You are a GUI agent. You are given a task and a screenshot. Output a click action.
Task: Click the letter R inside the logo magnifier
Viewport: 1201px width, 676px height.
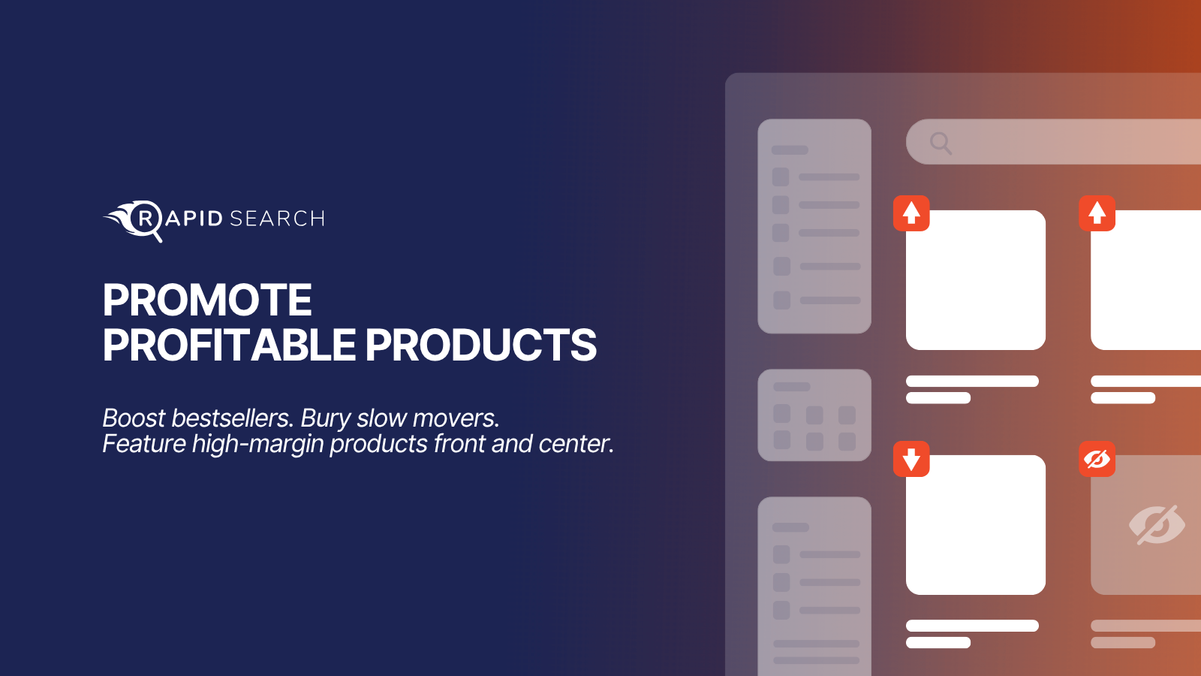[x=146, y=219]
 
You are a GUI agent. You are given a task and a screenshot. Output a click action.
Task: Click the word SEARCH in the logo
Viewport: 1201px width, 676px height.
[x=277, y=219]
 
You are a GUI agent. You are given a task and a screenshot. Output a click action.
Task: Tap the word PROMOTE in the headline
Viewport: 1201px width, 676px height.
[x=207, y=300]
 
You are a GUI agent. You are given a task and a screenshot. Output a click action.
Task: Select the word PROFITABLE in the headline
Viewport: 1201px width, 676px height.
[x=229, y=345]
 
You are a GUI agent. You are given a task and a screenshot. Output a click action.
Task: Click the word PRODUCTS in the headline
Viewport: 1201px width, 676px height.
[x=481, y=345]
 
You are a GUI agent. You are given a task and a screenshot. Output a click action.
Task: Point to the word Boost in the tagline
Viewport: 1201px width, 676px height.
[x=134, y=418]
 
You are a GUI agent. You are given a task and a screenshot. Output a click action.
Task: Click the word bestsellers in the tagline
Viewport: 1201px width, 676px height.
[x=232, y=418]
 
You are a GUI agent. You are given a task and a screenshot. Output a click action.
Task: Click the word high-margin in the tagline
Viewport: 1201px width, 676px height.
[x=258, y=445]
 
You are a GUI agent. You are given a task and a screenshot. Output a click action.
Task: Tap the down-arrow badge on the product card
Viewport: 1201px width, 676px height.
[x=911, y=459]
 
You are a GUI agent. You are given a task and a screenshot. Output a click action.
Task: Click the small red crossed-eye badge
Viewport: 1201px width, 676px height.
[x=1097, y=459]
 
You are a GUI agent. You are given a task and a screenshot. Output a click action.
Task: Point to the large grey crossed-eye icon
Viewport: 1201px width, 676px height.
[x=1157, y=525]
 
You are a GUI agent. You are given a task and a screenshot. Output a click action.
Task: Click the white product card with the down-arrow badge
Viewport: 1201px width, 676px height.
[x=976, y=525]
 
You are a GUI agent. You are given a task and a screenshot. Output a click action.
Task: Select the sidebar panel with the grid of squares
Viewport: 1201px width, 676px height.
[x=814, y=415]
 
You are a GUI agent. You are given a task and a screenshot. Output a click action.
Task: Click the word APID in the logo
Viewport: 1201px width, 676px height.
[x=194, y=219]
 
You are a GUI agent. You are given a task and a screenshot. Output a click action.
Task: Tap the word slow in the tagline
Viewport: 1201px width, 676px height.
[x=380, y=418]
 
